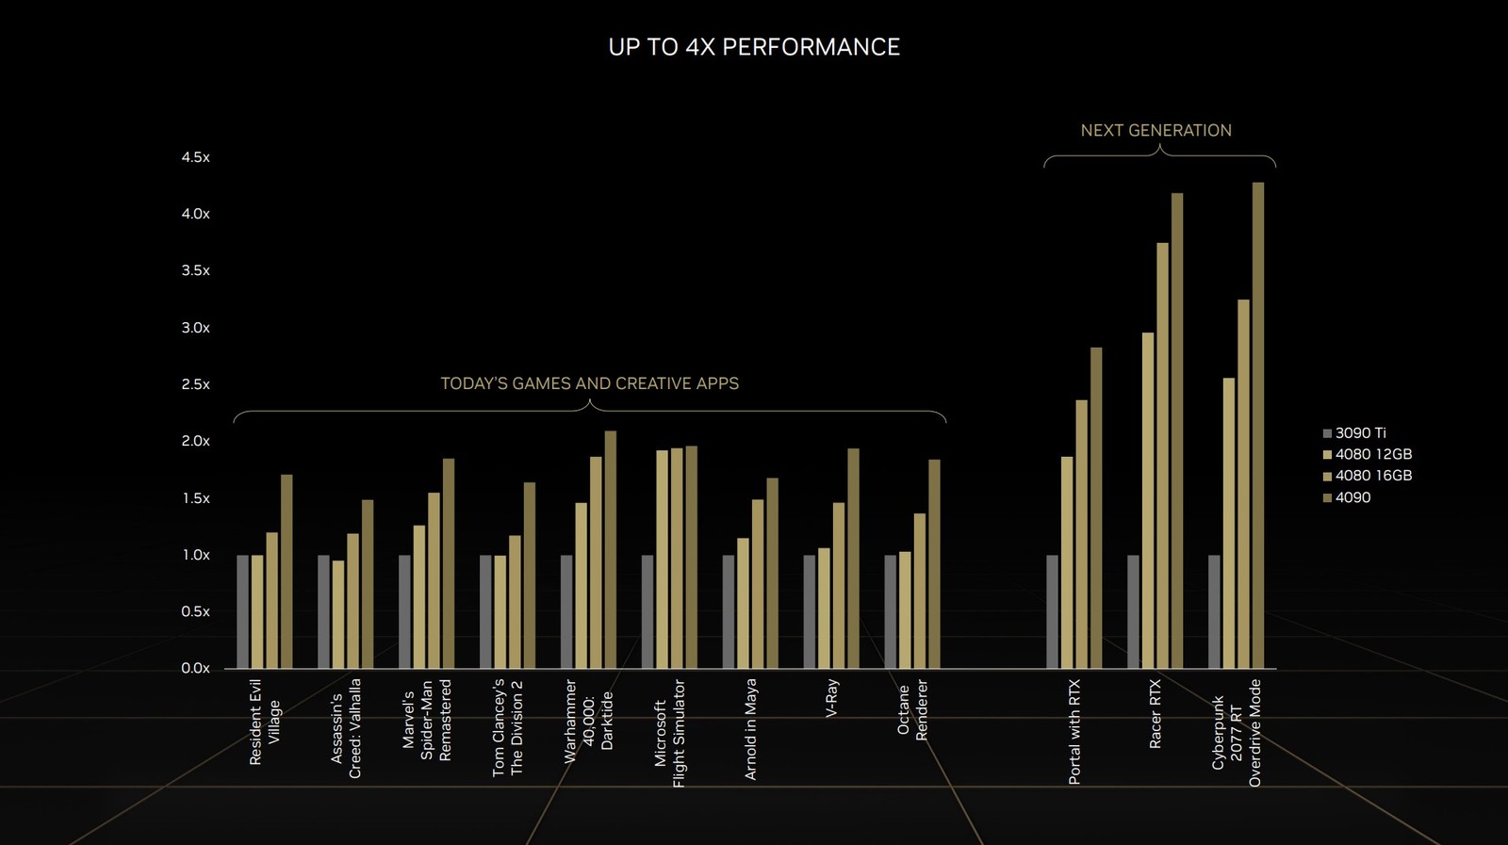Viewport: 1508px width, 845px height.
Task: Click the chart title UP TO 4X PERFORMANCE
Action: coord(754,47)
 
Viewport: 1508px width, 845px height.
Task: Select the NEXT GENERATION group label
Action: coord(1156,131)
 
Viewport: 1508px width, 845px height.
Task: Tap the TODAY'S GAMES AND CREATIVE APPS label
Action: coord(589,383)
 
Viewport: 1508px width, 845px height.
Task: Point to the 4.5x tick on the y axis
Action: coord(196,157)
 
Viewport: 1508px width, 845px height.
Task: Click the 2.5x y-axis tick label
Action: coord(196,384)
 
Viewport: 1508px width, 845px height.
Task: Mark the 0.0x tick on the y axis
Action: coord(196,668)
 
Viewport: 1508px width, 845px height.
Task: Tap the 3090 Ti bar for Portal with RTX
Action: coord(1052,612)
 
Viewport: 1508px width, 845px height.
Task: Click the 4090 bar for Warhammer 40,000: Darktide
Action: coord(610,550)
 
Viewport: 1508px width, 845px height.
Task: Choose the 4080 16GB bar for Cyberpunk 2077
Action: coord(1243,484)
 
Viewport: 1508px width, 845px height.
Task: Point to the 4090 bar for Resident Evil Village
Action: coord(287,572)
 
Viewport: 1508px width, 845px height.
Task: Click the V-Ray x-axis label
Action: coord(831,699)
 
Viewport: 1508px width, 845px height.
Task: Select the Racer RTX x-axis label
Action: coord(1156,714)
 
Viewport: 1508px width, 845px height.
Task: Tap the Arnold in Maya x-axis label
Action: coord(751,729)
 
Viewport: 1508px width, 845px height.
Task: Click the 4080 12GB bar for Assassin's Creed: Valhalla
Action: coord(338,614)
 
